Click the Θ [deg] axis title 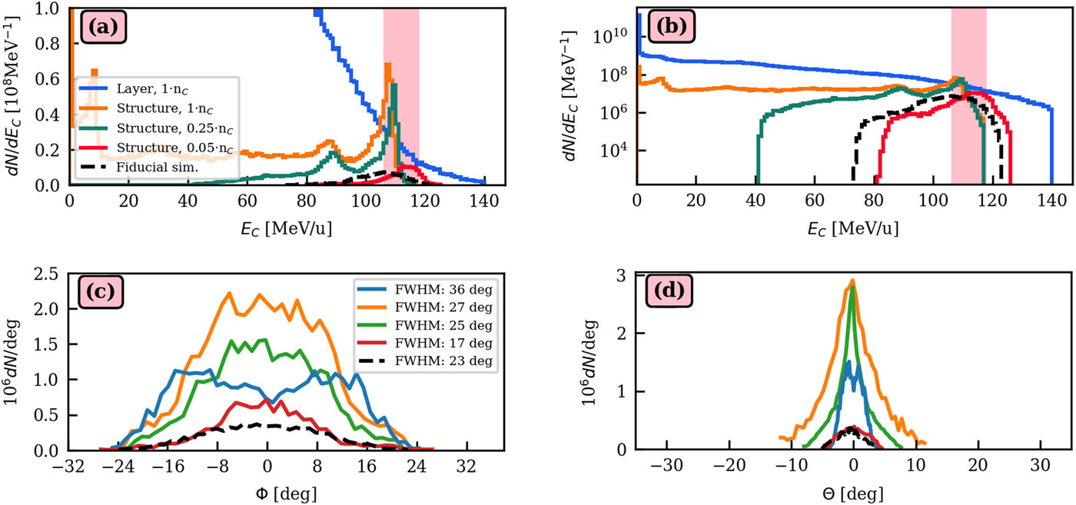pyautogui.click(x=852, y=491)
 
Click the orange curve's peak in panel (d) pyautogui.click(x=852, y=280)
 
